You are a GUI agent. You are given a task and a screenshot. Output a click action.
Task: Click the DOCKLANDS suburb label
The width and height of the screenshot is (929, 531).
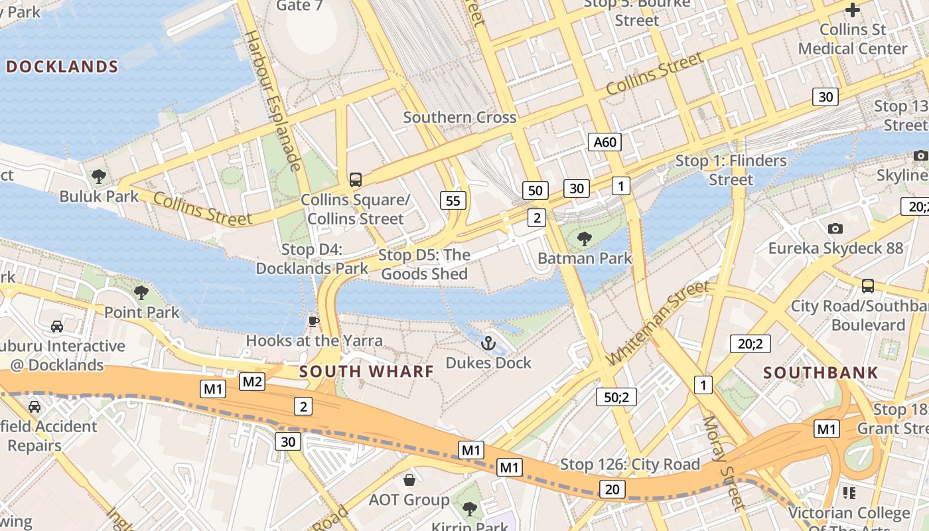tap(62, 66)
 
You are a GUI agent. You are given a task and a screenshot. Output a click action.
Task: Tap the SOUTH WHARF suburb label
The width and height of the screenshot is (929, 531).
tap(366, 372)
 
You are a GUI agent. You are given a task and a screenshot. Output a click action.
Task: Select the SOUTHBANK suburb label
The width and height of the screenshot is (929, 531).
tap(821, 372)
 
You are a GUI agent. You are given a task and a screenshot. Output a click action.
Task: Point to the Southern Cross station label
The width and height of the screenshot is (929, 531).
tap(459, 117)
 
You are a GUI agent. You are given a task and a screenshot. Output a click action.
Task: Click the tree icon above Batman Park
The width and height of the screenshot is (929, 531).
tap(585, 239)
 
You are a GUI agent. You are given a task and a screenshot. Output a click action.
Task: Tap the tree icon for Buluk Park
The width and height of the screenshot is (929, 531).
tap(99, 177)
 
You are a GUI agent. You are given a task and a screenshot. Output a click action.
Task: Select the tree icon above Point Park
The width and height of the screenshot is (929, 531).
tap(141, 292)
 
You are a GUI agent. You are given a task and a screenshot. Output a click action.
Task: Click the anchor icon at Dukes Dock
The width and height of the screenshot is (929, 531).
tap(488, 343)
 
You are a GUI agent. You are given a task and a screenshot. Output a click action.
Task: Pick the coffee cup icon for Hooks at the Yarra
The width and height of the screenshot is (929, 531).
tap(314, 322)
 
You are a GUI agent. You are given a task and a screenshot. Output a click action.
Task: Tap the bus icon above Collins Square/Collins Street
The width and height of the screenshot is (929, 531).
tap(356, 179)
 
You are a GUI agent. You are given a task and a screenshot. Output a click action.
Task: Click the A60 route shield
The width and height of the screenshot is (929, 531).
tap(605, 141)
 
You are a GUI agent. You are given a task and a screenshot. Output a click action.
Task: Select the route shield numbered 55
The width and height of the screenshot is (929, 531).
tap(453, 200)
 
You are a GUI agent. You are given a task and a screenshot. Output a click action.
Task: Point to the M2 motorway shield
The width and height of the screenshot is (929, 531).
tap(252, 381)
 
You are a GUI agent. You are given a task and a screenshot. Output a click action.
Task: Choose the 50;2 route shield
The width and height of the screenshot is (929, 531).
tap(616, 397)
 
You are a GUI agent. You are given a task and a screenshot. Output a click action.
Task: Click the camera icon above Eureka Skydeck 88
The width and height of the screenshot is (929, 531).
tap(835, 229)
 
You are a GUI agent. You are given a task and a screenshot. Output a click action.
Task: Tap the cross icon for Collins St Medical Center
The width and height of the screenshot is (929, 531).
tap(853, 10)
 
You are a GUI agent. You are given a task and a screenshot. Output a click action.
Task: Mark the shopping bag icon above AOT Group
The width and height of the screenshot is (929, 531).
tap(409, 479)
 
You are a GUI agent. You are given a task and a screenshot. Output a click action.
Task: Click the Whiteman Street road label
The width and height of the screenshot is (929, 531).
tap(657, 323)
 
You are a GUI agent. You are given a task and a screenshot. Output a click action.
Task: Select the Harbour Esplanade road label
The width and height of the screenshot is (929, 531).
tap(273, 100)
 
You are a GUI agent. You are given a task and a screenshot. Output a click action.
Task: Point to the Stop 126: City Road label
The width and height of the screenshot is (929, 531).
tap(630, 464)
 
